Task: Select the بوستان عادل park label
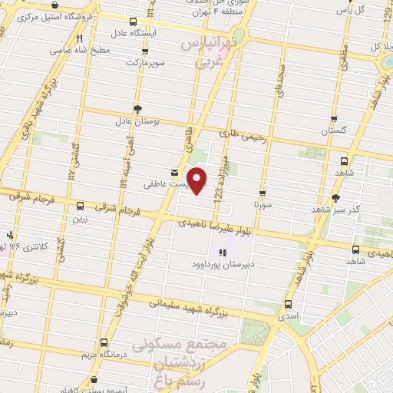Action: click(136, 122)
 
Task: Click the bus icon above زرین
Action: click(81, 206)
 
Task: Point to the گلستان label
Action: click(333, 131)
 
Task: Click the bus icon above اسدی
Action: click(290, 303)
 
